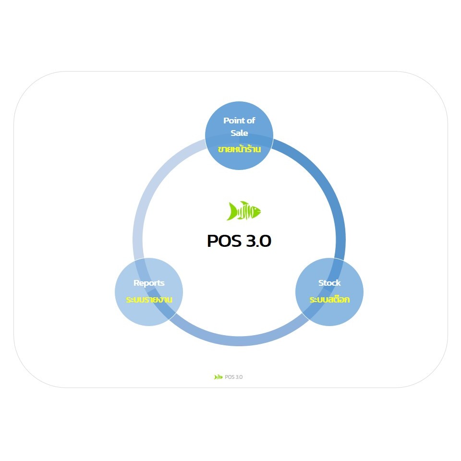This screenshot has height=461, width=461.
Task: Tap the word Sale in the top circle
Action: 239,133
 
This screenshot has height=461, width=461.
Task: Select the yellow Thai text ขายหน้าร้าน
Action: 239,149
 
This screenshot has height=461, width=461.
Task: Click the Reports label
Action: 149,283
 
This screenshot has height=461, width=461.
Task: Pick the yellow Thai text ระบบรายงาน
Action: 149,299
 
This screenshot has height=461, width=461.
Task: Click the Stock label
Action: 329,283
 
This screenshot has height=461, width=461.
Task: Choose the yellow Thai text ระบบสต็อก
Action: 329,299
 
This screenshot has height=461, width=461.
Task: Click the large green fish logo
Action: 243,211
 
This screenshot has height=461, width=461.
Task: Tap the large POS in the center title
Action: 224,241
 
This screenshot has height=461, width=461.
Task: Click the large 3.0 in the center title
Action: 258,241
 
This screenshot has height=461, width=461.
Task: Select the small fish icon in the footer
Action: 218,377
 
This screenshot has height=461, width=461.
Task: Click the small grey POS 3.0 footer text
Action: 234,377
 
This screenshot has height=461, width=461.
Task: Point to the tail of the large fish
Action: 231,211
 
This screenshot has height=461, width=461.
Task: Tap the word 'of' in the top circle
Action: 251,121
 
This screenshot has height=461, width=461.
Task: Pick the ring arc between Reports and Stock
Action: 239,341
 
